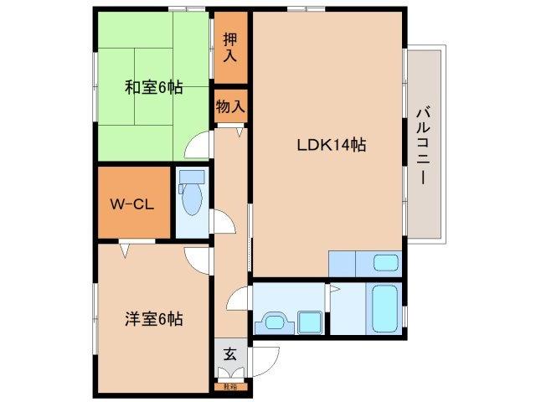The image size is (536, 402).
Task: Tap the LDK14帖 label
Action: click(331, 143)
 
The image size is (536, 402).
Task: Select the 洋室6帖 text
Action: click(155, 318)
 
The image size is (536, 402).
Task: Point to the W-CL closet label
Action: click(130, 204)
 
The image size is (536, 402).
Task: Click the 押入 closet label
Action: click(230, 48)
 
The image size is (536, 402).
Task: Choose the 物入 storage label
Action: click(230, 106)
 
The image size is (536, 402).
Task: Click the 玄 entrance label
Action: click(229, 353)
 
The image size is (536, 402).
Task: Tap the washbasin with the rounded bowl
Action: click(274, 320)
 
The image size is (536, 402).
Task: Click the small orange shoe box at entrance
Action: click(229, 386)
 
